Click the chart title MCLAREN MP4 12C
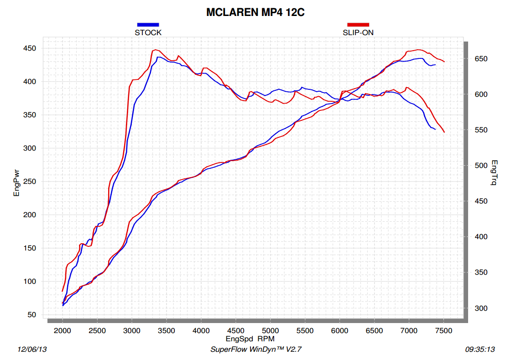255,12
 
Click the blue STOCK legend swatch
148,25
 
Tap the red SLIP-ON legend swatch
358,25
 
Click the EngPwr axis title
17,182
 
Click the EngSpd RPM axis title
250,339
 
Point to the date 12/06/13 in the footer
32,350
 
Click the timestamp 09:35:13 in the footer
480,350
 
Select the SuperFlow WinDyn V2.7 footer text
256,350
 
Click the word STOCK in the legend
148,33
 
